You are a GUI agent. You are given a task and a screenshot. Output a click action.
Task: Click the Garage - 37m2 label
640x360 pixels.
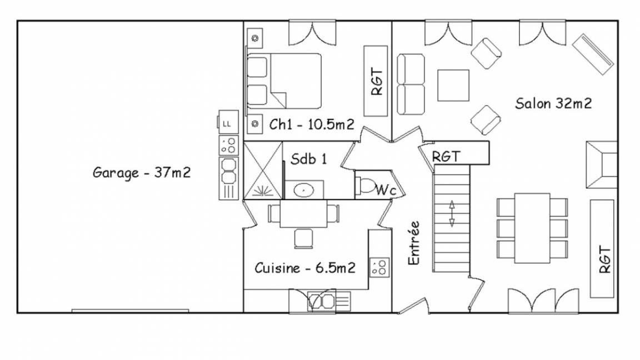(x=142, y=172)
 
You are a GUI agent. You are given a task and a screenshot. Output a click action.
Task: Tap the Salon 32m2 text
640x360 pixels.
(x=553, y=103)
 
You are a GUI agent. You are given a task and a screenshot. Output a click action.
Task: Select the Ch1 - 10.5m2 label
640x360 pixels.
(x=312, y=124)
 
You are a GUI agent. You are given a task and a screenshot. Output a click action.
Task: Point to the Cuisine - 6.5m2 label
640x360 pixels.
(x=305, y=268)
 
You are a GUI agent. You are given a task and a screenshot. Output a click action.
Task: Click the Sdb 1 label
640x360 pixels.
(x=308, y=158)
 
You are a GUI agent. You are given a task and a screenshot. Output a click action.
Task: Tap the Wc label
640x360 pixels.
(x=386, y=190)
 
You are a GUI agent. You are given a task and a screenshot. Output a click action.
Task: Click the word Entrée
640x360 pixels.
(x=414, y=243)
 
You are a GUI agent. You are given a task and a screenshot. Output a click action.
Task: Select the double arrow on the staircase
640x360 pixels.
(x=452, y=213)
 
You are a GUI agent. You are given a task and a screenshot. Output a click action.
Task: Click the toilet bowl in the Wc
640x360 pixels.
(x=366, y=185)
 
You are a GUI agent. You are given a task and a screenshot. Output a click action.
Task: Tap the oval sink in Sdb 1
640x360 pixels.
(x=304, y=190)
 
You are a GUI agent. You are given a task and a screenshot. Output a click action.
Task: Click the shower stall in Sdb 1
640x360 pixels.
(x=263, y=170)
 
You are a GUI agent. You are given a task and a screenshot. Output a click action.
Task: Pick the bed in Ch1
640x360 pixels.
(x=284, y=81)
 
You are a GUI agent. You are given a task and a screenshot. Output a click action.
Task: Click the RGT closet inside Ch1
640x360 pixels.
(x=376, y=81)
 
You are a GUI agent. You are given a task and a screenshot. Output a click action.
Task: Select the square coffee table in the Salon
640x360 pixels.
(x=453, y=86)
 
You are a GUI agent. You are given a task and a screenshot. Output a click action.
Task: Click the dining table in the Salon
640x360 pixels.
(x=532, y=228)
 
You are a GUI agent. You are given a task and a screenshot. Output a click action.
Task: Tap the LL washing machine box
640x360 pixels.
(x=228, y=122)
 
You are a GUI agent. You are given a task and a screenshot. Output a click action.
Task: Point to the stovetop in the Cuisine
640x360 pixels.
(x=379, y=267)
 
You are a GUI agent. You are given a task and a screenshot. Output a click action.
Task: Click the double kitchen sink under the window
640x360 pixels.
(x=321, y=302)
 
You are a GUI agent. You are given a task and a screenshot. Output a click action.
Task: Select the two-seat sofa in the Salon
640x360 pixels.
(x=411, y=84)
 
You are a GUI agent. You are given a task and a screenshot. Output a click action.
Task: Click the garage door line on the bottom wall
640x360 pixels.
(x=130, y=311)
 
